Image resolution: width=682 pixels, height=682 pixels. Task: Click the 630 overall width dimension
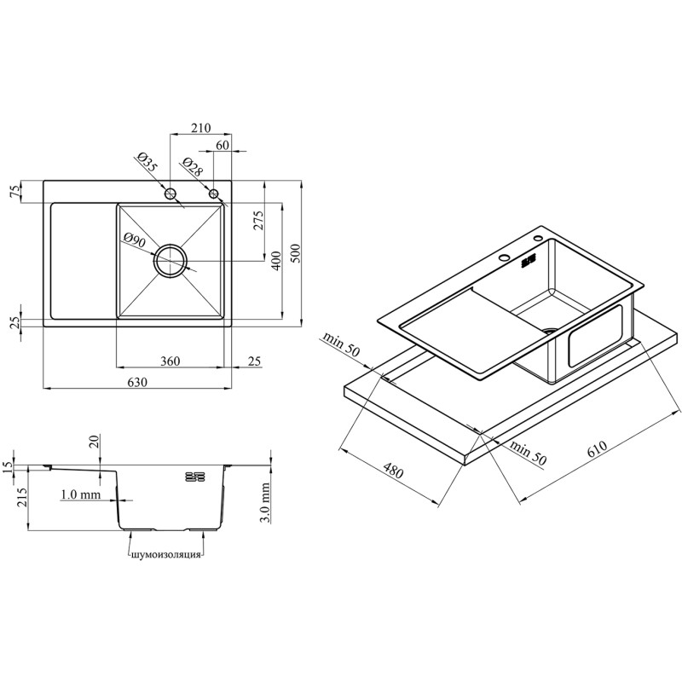click(x=137, y=382)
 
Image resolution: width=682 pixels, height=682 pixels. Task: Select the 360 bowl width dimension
click(x=170, y=361)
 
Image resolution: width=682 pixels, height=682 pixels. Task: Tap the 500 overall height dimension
click(x=295, y=253)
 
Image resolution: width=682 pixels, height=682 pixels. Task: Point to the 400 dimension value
click(x=276, y=261)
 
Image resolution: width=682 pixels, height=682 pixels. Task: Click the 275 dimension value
click(x=258, y=221)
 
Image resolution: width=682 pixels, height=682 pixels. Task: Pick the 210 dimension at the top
click(x=200, y=128)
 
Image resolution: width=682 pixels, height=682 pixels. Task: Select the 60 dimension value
click(x=223, y=145)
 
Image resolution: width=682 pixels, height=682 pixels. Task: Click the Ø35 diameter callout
click(x=146, y=161)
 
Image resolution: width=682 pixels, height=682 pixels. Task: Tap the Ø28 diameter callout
click(x=193, y=166)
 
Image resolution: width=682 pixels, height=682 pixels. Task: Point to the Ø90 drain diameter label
click(x=135, y=240)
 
